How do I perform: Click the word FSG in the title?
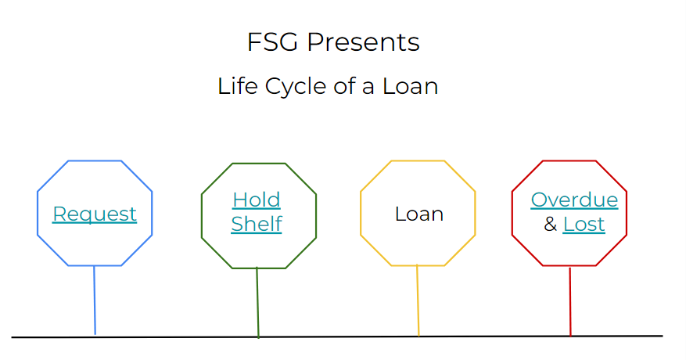[x=272, y=42]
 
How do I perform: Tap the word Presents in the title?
[x=364, y=42]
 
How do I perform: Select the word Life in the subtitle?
[x=238, y=86]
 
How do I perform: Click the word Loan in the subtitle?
[x=411, y=86]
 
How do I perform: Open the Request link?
[x=95, y=214]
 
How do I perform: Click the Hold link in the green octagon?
[x=257, y=200]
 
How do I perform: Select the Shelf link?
[x=257, y=224]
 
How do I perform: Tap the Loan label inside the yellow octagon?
[x=419, y=214]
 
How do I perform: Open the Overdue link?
[x=574, y=200]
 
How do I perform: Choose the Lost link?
[x=584, y=225]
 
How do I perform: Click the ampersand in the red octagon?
[x=551, y=225]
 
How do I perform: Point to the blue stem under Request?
[x=95, y=300]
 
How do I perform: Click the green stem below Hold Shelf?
[x=257, y=303]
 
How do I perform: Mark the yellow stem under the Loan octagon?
[x=418, y=301]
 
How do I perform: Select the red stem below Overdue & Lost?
[x=570, y=302]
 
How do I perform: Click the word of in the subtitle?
[x=345, y=86]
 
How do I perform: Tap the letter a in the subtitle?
[x=368, y=88]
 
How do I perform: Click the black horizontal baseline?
[x=337, y=337]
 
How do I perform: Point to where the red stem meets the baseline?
[x=570, y=336]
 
